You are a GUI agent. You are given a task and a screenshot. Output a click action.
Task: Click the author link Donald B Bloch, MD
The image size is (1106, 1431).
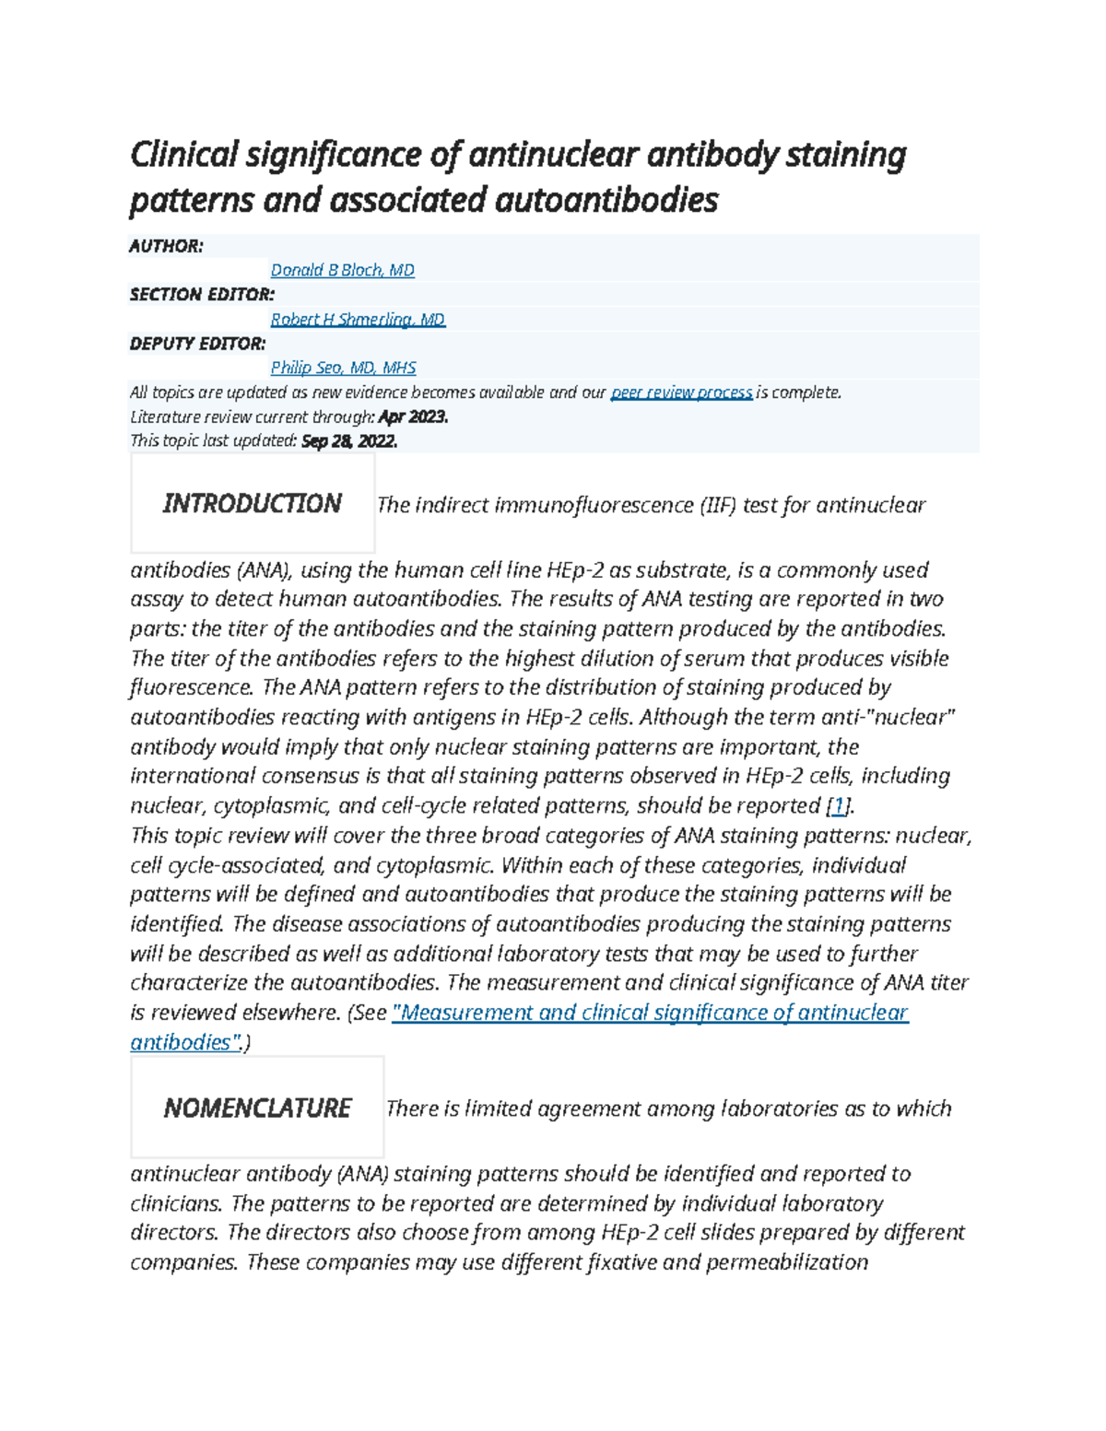[x=342, y=270]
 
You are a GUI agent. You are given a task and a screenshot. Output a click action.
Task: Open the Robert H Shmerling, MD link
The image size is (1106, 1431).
[x=358, y=319]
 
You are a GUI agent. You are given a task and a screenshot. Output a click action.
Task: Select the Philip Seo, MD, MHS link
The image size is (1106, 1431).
[x=343, y=368]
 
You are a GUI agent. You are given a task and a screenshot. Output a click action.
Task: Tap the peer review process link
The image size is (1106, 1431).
[x=681, y=393]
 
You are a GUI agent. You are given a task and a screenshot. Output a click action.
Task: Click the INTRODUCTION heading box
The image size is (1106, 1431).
[x=252, y=503]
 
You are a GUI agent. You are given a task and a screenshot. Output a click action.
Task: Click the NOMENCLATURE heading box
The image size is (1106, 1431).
[x=257, y=1108]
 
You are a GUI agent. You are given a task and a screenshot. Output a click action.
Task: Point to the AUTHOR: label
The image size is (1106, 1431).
[x=166, y=246]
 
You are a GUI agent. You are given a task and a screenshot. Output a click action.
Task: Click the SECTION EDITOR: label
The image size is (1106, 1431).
[x=202, y=295]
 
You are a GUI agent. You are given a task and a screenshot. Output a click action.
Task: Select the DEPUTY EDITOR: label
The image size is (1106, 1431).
[x=197, y=344]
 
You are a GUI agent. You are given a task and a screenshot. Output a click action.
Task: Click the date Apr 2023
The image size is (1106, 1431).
[x=419, y=416]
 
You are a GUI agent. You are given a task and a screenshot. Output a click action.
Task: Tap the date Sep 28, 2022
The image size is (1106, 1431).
[x=349, y=440]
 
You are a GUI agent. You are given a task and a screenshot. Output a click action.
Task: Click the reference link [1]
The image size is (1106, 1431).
[x=837, y=806]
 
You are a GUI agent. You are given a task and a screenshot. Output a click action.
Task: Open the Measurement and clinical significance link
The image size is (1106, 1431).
[x=650, y=1013]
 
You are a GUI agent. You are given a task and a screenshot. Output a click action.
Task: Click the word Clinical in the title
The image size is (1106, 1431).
[x=183, y=155]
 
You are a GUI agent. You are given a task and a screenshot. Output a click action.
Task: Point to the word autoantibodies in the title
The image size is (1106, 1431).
[x=606, y=200]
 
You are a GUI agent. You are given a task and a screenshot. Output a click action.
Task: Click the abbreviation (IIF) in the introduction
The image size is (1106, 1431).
[x=718, y=505]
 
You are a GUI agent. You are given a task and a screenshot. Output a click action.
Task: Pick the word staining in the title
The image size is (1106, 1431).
[x=845, y=155]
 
